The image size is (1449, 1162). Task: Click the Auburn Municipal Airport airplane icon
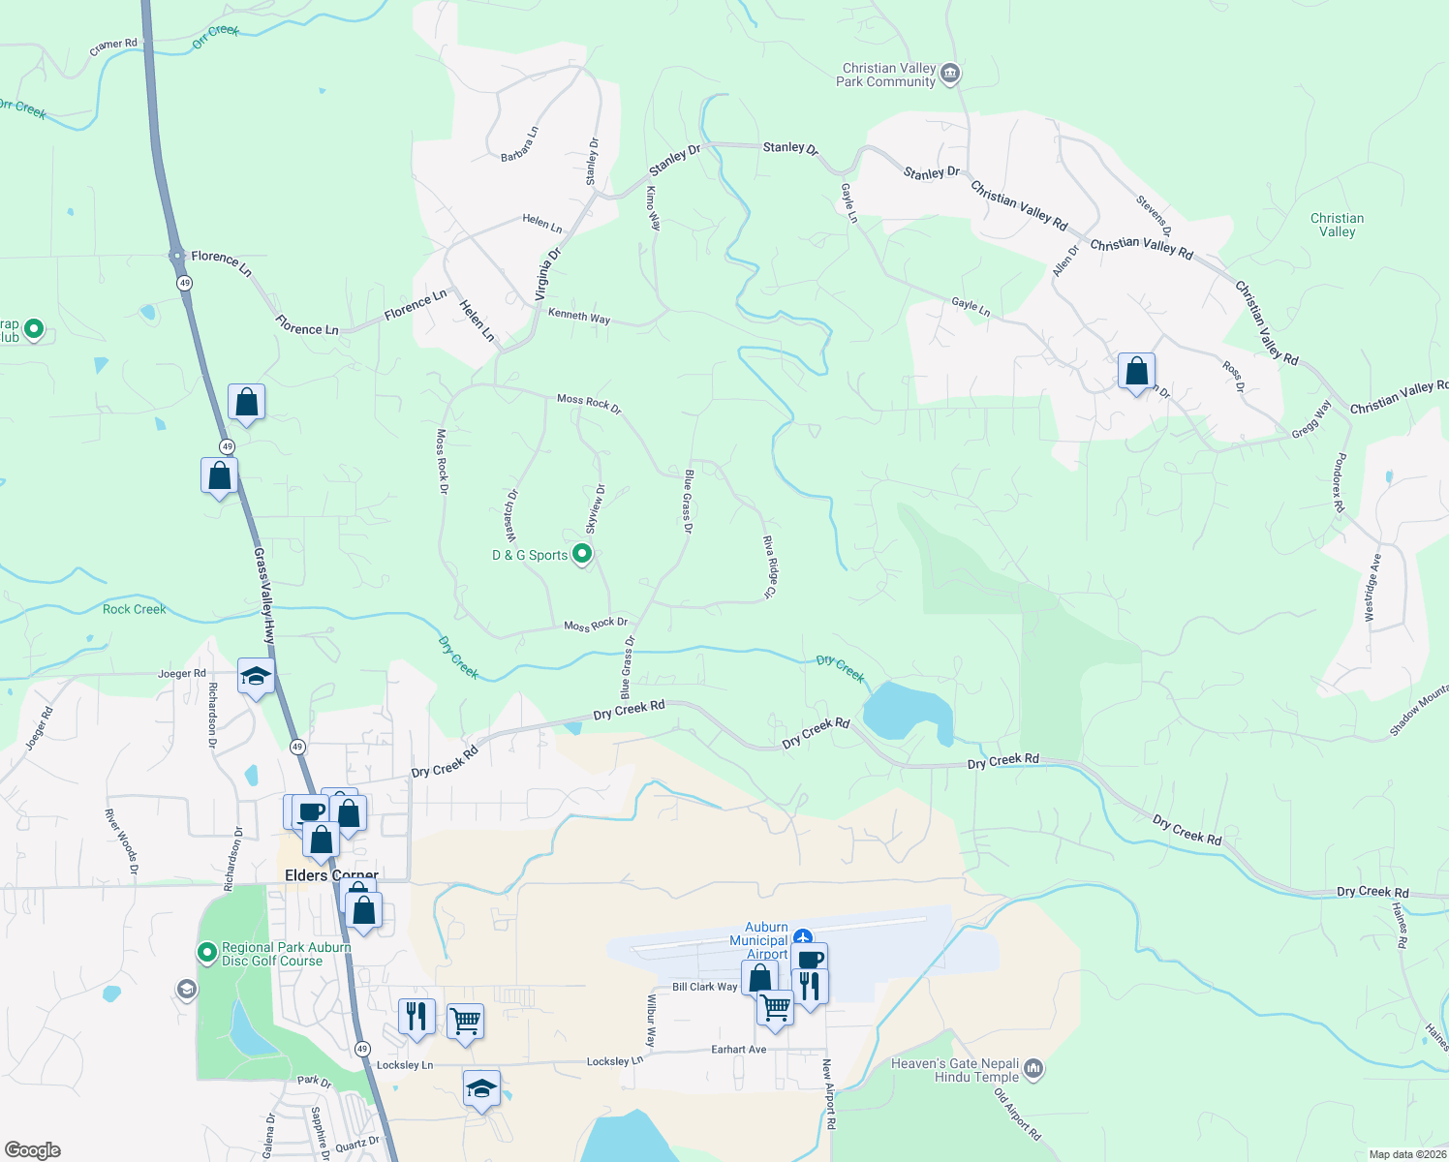(x=802, y=937)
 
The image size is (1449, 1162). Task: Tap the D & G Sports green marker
(x=582, y=554)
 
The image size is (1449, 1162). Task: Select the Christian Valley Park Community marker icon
(x=950, y=74)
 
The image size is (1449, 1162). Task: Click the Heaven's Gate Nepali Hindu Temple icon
(x=1033, y=1069)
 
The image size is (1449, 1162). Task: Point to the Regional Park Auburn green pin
(x=206, y=953)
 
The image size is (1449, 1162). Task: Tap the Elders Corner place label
(x=331, y=875)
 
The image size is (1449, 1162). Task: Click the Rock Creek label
(x=135, y=609)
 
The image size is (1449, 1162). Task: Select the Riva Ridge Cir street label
(x=770, y=566)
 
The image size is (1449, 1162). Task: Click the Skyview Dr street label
(x=595, y=508)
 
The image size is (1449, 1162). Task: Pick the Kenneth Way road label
(x=579, y=316)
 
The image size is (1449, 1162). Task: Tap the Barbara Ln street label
(x=519, y=144)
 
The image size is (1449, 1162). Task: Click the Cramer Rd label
(x=113, y=45)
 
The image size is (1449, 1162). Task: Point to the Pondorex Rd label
(x=1338, y=482)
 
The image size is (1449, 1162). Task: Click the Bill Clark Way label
(x=705, y=987)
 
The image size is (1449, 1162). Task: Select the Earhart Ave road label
(x=738, y=1049)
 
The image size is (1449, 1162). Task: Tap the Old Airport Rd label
(x=1017, y=1114)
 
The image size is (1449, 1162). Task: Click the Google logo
(x=32, y=1150)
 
